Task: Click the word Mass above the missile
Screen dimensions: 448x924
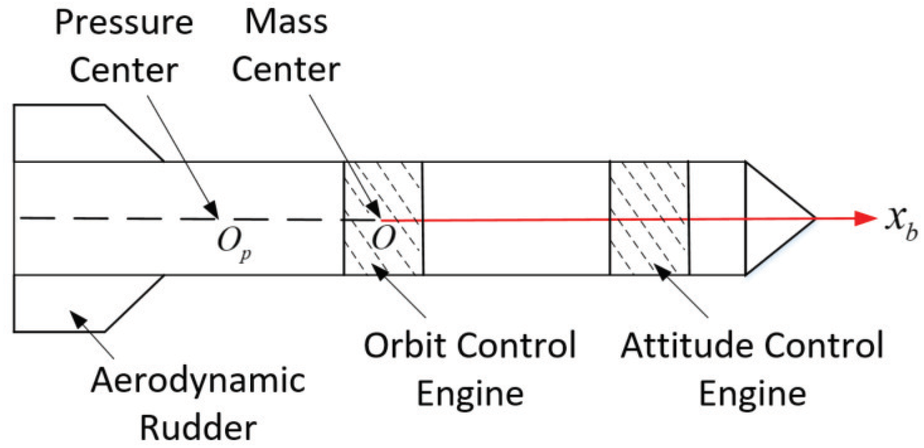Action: pyautogui.click(x=286, y=22)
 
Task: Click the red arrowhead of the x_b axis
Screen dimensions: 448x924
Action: pyautogui.click(x=865, y=218)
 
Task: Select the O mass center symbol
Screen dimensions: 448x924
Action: pyautogui.click(x=384, y=239)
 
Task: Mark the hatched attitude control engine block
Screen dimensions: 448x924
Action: pyautogui.click(x=649, y=218)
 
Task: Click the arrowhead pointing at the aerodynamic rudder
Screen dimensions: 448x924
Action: pyautogui.click(x=78, y=319)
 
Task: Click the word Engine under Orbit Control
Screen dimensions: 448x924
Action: pyautogui.click(x=470, y=394)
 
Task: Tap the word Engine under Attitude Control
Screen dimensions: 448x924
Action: pyautogui.click(x=752, y=394)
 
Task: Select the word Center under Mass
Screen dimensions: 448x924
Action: pyautogui.click(x=286, y=70)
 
